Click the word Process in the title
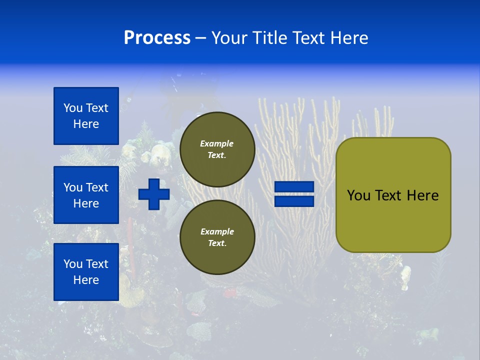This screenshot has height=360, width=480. [157, 38]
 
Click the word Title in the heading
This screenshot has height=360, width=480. [268, 38]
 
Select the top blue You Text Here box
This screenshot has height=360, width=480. [86, 116]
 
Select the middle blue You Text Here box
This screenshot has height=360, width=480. [86, 195]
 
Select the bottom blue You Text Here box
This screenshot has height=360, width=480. [86, 272]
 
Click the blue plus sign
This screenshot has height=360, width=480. [154, 194]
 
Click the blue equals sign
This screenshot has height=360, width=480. [294, 194]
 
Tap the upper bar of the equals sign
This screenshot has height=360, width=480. [294, 187]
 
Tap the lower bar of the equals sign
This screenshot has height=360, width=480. [294, 201]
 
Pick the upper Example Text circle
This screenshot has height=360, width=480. [217, 149]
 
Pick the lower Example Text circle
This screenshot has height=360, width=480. [217, 237]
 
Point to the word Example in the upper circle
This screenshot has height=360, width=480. [217, 143]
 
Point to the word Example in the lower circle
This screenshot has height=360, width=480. [217, 231]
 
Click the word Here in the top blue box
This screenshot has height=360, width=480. [86, 124]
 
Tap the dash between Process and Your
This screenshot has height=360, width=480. [200, 38]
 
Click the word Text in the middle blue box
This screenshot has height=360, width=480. [97, 187]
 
